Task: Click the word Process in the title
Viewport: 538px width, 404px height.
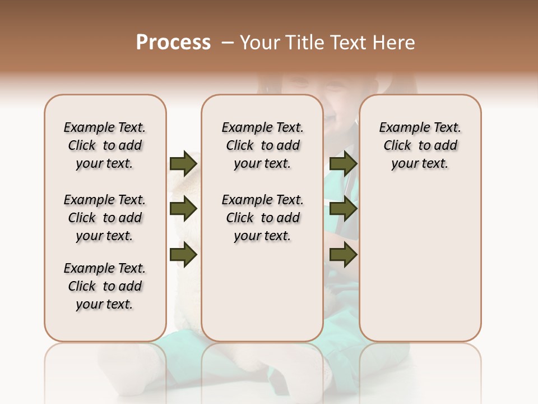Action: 173,43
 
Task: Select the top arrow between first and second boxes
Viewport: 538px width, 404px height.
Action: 183,163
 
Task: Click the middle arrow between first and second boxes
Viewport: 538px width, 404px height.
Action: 183,209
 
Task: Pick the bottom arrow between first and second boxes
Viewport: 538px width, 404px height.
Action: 183,255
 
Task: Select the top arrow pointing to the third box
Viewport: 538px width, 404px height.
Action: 343,163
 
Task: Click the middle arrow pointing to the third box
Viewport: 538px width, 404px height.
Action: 343,209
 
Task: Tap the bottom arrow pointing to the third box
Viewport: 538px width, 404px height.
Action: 343,255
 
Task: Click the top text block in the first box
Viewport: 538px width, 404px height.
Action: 105,145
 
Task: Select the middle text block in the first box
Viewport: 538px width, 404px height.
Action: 105,218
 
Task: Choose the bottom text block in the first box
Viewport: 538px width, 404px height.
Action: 105,286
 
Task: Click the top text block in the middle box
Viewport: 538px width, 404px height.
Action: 262,145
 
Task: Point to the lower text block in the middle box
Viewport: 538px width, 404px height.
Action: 262,218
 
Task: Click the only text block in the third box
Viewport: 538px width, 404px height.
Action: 420,145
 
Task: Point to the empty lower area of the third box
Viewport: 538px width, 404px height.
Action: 420,264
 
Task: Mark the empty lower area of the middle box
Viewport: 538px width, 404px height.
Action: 262,292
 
